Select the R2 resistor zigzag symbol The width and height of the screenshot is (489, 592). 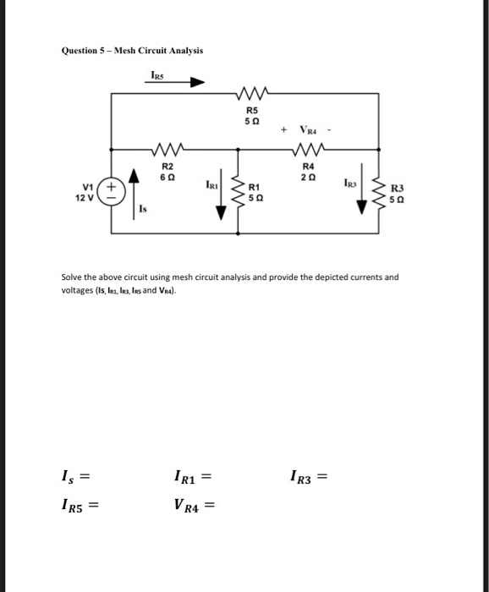coord(168,151)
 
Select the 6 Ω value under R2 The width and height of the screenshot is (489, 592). coord(168,176)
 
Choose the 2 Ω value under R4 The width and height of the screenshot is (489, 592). coord(308,176)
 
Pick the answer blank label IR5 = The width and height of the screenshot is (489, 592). coord(80,507)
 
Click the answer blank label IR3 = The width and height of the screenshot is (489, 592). coord(308,479)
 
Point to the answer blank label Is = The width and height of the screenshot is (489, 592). coord(74,479)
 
